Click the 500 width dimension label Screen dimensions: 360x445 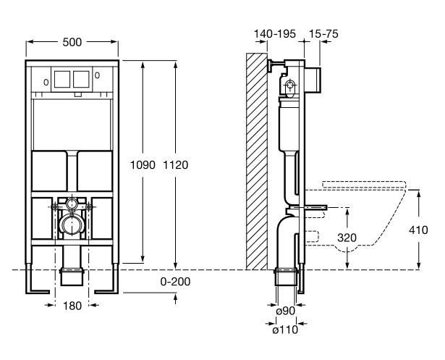72,43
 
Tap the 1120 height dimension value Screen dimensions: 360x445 177,165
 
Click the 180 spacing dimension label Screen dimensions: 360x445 72,306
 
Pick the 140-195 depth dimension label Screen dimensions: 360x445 274,34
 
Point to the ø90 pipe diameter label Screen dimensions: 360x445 284,312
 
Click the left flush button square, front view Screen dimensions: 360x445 62,80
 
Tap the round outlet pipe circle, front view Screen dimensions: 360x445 72,226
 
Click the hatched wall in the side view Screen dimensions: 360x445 255,159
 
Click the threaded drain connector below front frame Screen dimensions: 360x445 72,276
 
